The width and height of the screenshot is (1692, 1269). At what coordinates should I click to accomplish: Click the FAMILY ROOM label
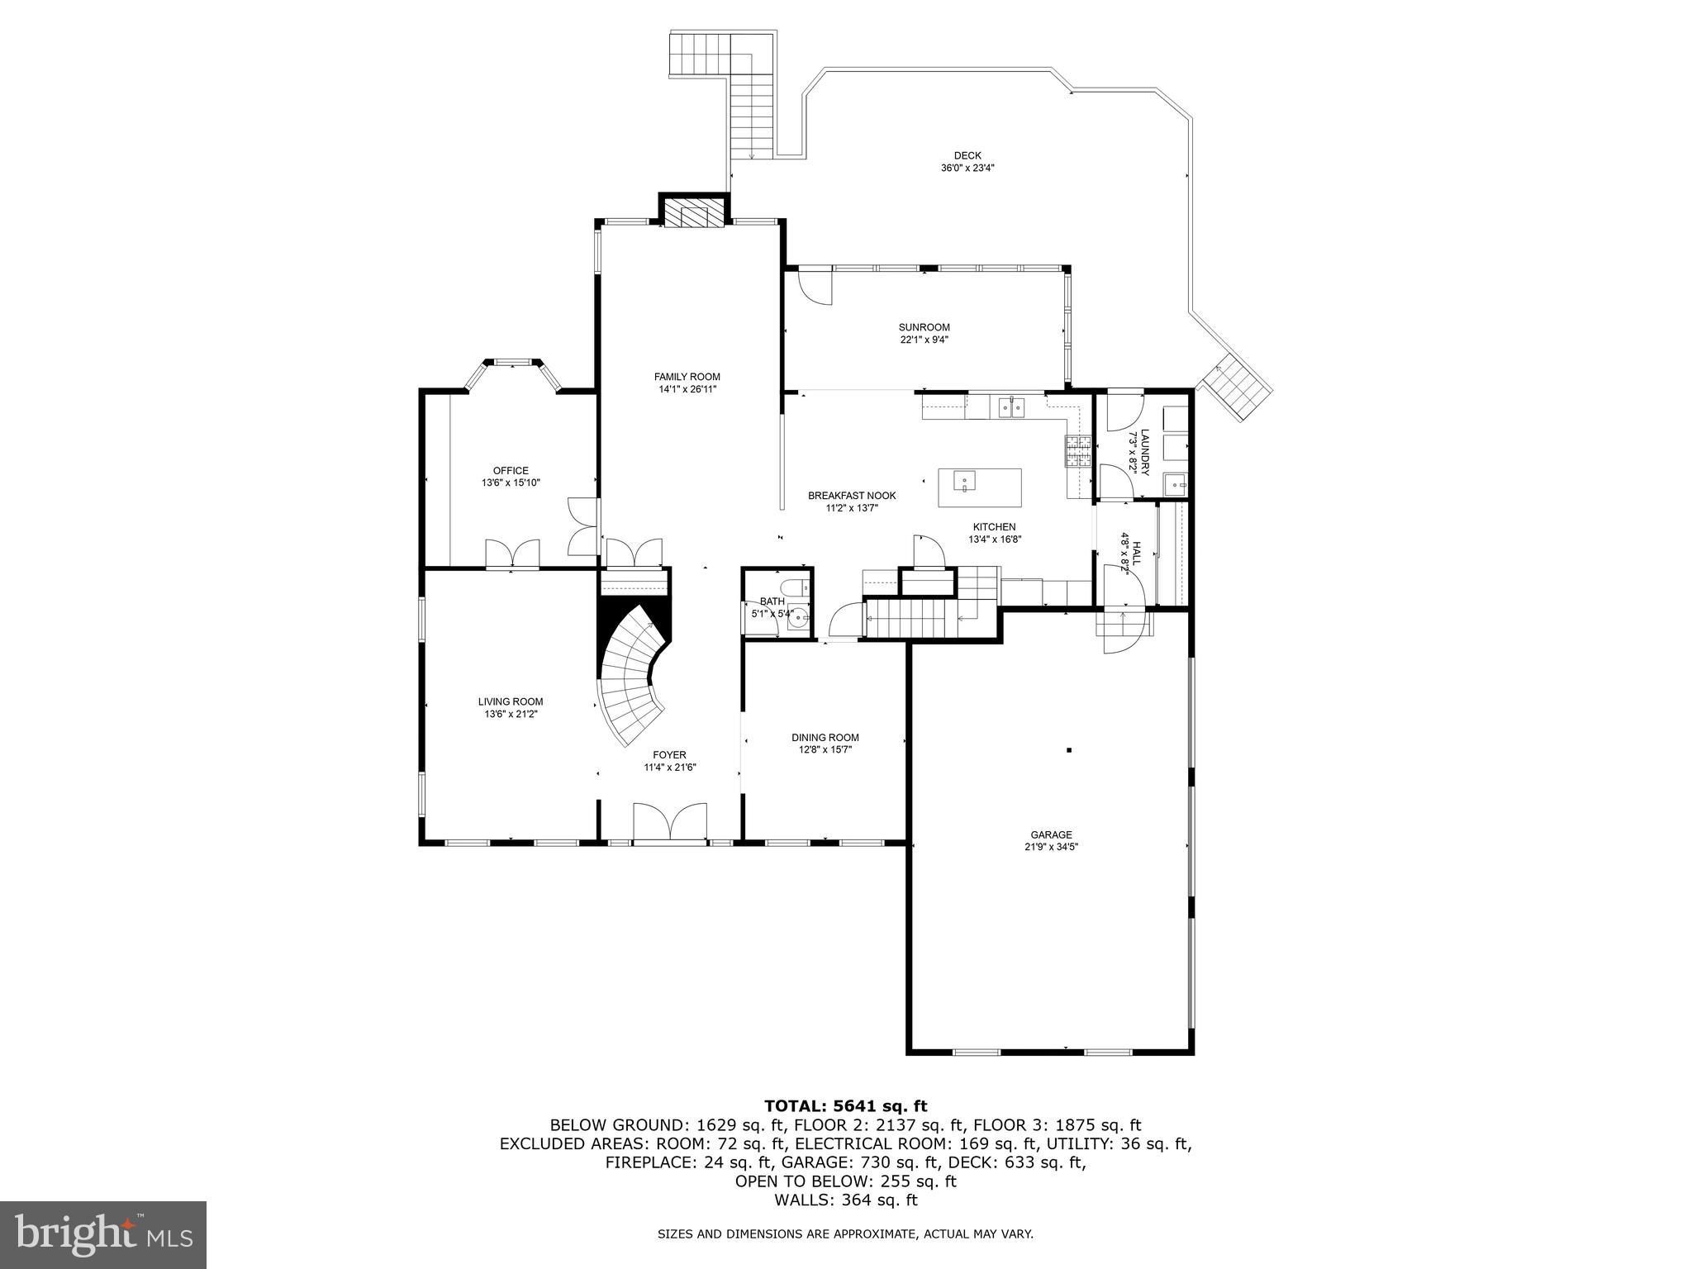(687, 377)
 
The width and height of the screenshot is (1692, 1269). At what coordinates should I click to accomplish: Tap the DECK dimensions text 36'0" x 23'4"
(967, 168)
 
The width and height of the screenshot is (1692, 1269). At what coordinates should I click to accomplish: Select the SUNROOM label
(924, 327)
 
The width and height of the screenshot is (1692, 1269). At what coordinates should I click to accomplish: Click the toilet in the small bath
(795, 590)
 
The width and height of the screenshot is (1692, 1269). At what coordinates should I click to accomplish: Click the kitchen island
(979, 487)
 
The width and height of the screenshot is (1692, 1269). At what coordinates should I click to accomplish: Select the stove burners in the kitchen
(1077, 452)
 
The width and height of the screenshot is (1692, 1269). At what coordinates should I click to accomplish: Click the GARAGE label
(1050, 834)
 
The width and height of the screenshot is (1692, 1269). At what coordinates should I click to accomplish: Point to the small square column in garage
(1069, 750)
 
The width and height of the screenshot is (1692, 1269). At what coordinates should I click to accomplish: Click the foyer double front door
(669, 823)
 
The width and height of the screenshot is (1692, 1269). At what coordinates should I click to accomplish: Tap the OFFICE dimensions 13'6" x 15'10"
(511, 482)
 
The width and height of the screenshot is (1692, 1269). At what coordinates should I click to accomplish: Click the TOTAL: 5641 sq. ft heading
(845, 1106)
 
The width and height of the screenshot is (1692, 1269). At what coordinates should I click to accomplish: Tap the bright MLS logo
(103, 1235)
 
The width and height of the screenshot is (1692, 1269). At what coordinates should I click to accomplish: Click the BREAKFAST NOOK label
(851, 496)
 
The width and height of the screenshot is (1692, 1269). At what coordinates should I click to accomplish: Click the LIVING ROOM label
(511, 701)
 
